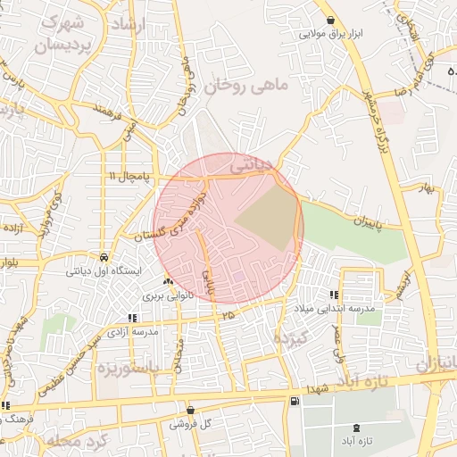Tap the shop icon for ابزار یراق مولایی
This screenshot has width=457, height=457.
pyautogui.click(x=331, y=21)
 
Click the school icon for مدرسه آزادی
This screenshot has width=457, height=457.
pyautogui.click(x=133, y=317)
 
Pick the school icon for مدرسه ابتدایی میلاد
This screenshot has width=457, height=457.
pyautogui.click(x=335, y=295)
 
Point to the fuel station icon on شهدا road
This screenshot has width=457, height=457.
pyautogui.click(x=294, y=402)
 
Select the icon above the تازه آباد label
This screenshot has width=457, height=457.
pyautogui.click(x=358, y=428)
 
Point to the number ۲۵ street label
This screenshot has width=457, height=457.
pyautogui.click(x=228, y=315)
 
